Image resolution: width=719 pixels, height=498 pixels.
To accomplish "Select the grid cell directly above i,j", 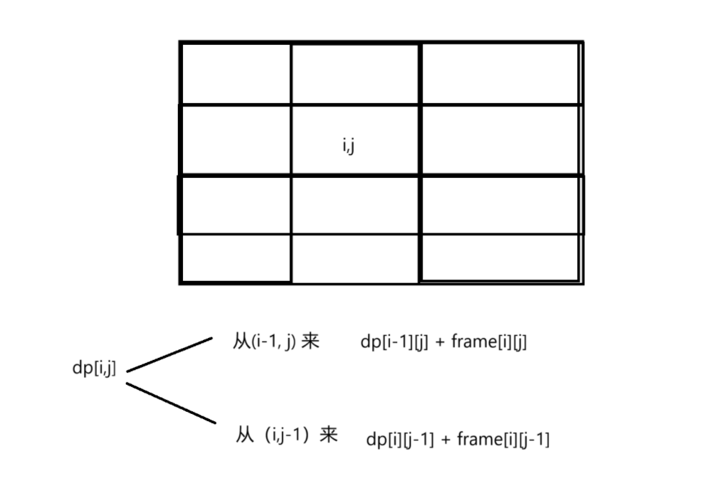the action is click(355, 74).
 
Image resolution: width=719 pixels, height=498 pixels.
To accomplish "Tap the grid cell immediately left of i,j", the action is click(236, 140).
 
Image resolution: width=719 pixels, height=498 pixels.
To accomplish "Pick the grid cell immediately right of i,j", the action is click(501, 140).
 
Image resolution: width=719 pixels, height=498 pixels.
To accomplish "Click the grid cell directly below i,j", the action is click(355, 205).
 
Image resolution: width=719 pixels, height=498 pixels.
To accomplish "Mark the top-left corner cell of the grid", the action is click(236, 74).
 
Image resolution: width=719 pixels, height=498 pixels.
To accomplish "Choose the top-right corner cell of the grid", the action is click(501, 74).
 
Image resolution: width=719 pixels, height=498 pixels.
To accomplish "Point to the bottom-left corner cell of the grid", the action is click(236, 258).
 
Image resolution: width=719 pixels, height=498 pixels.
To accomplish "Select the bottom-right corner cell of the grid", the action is click(501, 258).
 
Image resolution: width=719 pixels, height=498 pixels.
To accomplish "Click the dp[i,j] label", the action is click(94, 368).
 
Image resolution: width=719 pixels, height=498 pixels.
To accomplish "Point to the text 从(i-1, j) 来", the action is click(276, 342).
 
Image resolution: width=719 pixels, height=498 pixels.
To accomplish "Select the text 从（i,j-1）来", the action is click(286, 435).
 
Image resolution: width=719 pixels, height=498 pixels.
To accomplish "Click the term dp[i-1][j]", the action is click(394, 343).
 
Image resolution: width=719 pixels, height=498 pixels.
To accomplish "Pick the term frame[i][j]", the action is click(489, 343).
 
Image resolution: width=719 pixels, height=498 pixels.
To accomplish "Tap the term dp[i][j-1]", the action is click(399, 440).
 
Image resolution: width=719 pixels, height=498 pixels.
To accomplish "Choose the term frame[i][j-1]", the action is click(503, 440).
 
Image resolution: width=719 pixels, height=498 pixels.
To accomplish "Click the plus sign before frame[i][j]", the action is click(440, 343).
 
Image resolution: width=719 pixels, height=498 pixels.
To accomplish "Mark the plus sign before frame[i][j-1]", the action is click(446, 440).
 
